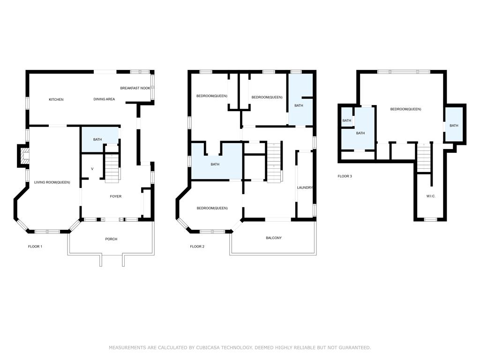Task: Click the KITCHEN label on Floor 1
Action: (x=56, y=99)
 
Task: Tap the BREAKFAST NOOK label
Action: (x=135, y=88)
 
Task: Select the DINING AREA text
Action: (x=104, y=99)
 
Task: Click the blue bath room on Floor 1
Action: (x=99, y=139)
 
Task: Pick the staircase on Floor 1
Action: (x=112, y=168)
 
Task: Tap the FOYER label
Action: (x=116, y=196)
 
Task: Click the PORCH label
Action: (x=111, y=239)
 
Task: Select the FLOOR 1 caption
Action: (x=35, y=247)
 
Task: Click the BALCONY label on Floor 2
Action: (x=274, y=238)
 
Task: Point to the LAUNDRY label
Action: (x=305, y=187)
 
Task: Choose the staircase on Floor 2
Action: (x=274, y=162)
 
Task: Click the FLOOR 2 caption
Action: (x=197, y=247)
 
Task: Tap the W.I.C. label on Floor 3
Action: (x=431, y=196)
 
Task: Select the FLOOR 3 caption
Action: (x=345, y=176)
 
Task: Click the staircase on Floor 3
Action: (x=424, y=158)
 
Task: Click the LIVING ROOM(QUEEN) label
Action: (x=52, y=182)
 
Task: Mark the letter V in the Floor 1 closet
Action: (x=92, y=169)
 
